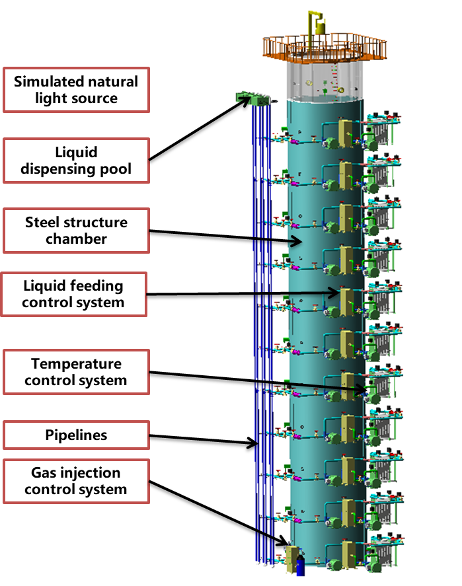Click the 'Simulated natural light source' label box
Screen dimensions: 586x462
pyautogui.click(x=76, y=91)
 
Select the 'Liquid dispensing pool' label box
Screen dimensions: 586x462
pyautogui.click(x=76, y=161)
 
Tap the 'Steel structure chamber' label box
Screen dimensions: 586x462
pyautogui.click(x=76, y=231)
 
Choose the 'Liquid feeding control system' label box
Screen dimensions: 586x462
pyautogui.click(x=73, y=295)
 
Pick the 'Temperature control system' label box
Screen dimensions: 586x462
pyautogui.click(x=76, y=372)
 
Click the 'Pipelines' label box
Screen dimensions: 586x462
pyautogui.click(x=76, y=435)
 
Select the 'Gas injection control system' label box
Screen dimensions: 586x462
pyautogui.click(x=76, y=481)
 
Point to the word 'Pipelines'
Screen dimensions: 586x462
pyautogui.click(x=76, y=435)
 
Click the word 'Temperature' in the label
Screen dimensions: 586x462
pyautogui.click(x=77, y=364)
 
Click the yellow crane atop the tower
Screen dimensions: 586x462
pyautogui.click(x=320, y=23)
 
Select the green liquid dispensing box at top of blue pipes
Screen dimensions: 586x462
pyautogui.click(x=255, y=100)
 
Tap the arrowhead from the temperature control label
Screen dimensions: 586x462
pyautogui.click(x=365, y=391)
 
